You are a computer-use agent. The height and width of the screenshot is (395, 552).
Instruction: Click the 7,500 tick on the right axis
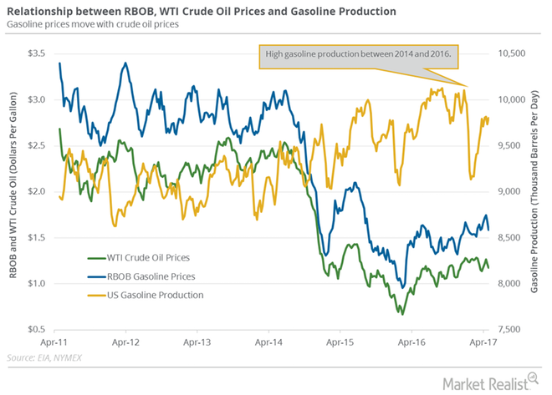[510, 329]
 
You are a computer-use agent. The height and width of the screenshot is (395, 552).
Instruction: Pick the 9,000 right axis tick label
[510, 191]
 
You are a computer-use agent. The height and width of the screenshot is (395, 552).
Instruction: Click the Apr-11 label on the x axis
[60, 342]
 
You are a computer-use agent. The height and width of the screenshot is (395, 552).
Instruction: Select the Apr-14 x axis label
[274, 342]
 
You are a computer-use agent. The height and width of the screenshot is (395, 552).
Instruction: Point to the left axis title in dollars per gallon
[14, 192]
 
